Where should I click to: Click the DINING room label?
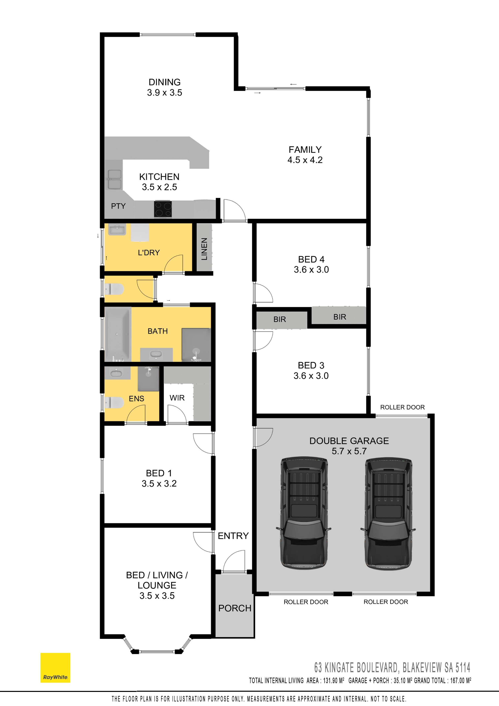(x=164, y=82)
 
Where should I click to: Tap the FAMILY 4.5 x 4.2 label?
(x=305, y=155)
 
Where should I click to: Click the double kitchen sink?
(x=114, y=179)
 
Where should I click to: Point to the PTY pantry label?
(x=118, y=206)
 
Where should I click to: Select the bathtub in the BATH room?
(x=118, y=334)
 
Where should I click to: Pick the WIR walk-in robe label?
(x=177, y=398)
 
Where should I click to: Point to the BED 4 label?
(x=311, y=259)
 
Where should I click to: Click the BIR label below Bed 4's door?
(x=279, y=319)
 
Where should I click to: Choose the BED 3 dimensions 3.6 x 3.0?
(x=311, y=376)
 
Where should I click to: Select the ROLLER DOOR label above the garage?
(x=402, y=407)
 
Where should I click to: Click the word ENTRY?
(x=233, y=536)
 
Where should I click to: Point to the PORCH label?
(x=235, y=608)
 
